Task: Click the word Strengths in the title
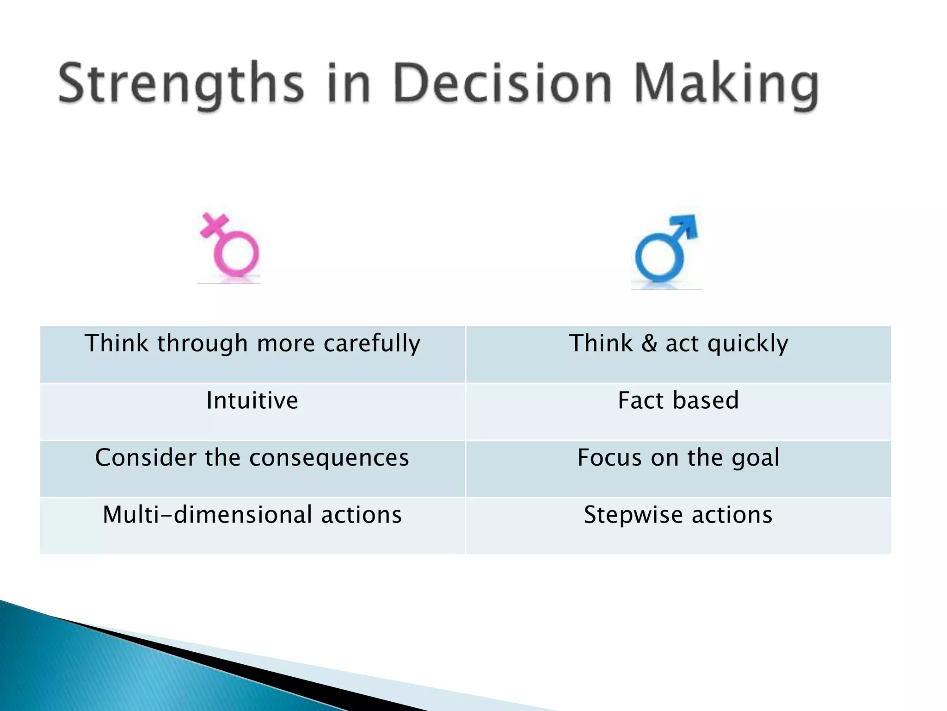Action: [x=181, y=84]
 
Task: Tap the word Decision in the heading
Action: [x=503, y=84]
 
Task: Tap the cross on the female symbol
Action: [x=214, y=225]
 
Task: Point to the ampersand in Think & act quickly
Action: [x=649, y=344]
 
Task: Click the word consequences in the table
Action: [x=329, y=458]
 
